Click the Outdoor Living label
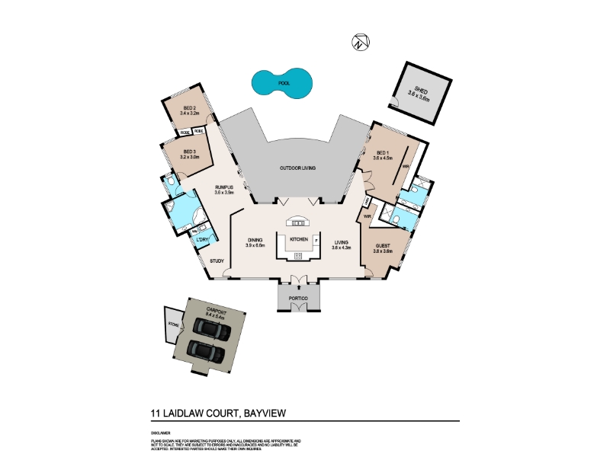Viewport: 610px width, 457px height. coord(297,168)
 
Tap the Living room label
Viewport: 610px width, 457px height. coord(341,243)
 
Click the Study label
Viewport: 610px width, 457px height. coord(217,262)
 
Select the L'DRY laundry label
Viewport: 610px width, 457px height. coord(202,241)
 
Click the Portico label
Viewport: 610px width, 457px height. coord(297,296)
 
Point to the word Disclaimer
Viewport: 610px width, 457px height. coord(160,433)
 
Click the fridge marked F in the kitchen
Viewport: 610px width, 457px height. coord(316,241)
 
